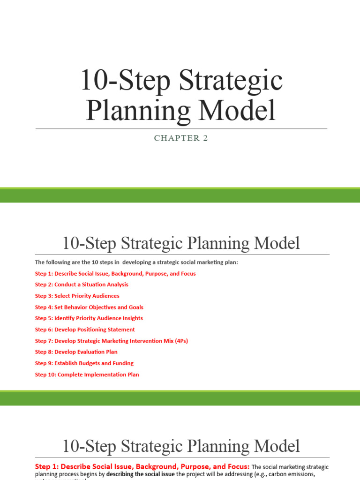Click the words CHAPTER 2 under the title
[x=181, y=138]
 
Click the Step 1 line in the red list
[x=115, y=273]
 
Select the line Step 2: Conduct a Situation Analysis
[x=82, y=285]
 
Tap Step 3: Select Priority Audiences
[x=77, y=296]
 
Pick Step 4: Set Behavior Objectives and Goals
[x=89, y=307]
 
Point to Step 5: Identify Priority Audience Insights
[x=89, y=318]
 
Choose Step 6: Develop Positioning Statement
[x=85, y=330]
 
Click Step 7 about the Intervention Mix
[x=111, y=341]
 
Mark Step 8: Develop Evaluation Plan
[x=76, y=352]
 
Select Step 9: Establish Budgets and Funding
[x=84, y=363]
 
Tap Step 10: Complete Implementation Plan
[x=87, y=375]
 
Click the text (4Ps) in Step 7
[x=180, y=341]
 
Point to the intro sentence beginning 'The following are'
[x=136, y=262]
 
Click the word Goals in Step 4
[x=135, y=307]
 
